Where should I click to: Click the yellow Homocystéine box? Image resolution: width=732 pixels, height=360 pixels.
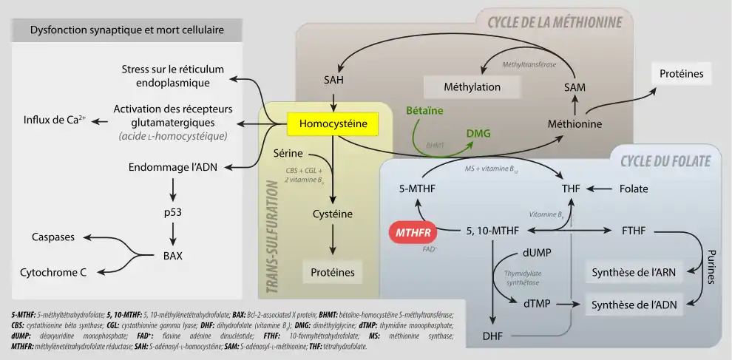click(333, 124)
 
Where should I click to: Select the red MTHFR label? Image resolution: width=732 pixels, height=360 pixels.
click(413, 232)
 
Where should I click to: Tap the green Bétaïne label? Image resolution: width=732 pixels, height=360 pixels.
click(424, 110)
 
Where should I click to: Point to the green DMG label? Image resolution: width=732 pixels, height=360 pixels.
click(478, 133)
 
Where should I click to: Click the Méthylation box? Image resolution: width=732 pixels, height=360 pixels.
click(472, 86)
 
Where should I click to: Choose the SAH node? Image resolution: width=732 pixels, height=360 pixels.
click(334, 79)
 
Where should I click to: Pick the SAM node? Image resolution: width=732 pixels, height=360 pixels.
click(575, 86)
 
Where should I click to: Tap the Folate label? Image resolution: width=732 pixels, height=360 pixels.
click(633, 189)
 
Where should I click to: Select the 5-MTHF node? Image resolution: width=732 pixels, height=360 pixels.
click(416, 189)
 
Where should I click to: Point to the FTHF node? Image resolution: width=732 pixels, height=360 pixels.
click(634, 231)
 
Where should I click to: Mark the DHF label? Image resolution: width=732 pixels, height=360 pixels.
click(492, 336)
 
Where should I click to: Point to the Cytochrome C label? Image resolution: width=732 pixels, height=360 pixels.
click(53, 272)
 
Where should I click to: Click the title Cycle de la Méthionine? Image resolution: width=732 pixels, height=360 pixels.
click(554, 21)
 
